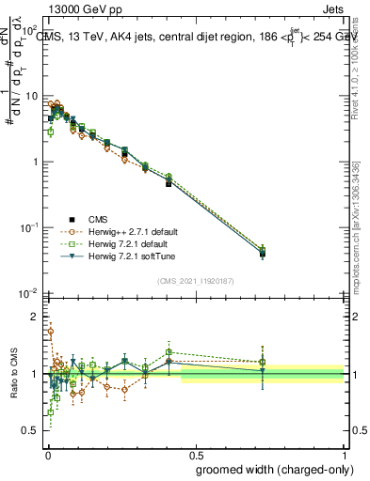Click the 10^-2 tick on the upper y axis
pos(28,294)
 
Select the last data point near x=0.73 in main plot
pos(263,253)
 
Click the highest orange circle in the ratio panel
pos(51,331)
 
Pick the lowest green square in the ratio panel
pos(50,411)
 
